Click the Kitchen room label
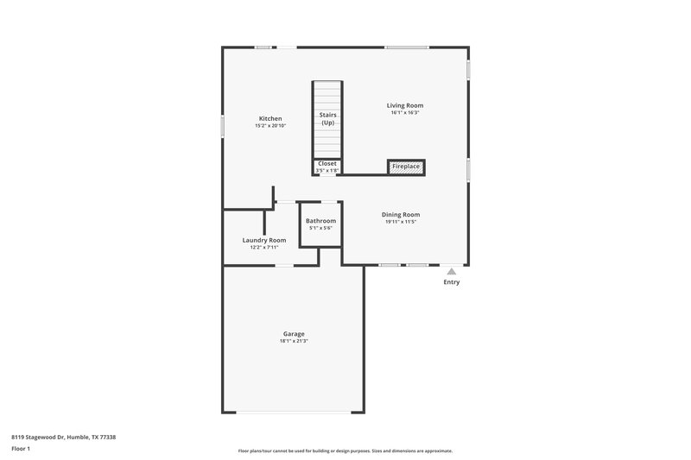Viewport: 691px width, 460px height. click(270, 118)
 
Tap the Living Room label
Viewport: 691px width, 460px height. click(405, 105)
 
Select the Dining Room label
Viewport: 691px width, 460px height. click(401, 214)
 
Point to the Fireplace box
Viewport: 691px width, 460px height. click(406, 166)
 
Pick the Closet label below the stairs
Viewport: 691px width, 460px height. click(327, 163)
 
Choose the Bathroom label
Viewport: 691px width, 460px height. click(320, 221)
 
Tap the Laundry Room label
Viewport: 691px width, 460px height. click(264, 240)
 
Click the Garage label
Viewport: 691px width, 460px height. click(294, 334)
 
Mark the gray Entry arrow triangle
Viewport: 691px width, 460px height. click(451, 271)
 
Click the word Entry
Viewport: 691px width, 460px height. click(452, 282)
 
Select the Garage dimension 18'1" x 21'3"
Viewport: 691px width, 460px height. click(294, 341)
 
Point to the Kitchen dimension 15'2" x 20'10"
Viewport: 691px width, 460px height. click(270, 126)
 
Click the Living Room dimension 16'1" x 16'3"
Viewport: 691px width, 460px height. click(405, 113)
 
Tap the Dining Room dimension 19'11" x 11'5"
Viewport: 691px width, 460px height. click(401, 222)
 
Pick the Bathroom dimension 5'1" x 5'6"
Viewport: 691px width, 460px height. click(320, 228)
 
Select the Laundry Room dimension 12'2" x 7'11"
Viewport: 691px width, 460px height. click(264, 248)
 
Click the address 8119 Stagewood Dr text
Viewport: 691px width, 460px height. click(64, 438)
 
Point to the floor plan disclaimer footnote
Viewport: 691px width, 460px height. click(345, 451)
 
